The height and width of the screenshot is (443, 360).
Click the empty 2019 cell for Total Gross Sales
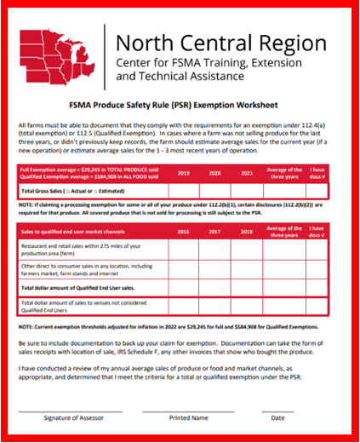tap(183, 189)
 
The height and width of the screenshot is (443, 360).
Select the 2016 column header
tap(183, 231)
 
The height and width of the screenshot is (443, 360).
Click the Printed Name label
tap(188, 418)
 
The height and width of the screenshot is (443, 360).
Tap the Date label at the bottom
tap(277, 418)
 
